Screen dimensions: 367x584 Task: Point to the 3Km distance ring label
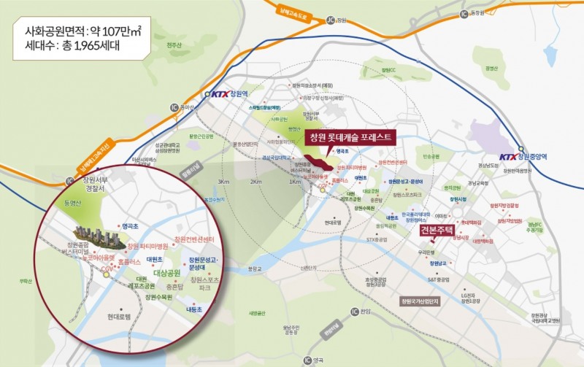click(x=223, y=181)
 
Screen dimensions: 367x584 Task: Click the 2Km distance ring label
click(x=257, y=181)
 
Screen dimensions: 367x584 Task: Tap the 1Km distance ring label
click(x=295, y=182)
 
